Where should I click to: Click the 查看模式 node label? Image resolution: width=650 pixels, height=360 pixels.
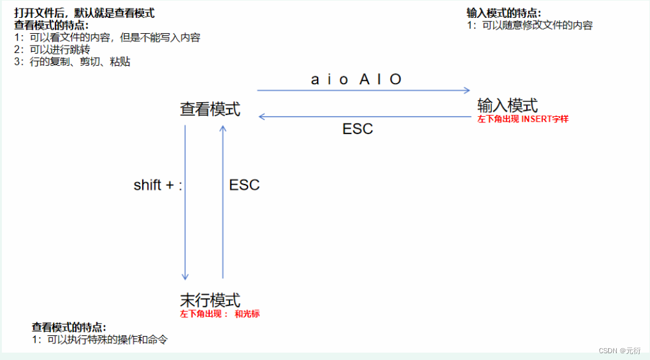pos(210,110)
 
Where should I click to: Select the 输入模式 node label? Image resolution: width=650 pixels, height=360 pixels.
pos(507,105)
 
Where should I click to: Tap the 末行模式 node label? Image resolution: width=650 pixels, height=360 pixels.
pos(210,300)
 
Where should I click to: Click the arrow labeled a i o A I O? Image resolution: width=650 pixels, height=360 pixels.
pos(363,90)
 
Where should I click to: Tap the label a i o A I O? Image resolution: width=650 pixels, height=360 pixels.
pos(356,79)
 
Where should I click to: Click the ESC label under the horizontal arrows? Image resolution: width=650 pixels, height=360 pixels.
pos(358,129)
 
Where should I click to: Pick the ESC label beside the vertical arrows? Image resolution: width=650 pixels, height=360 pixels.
pos(244,185)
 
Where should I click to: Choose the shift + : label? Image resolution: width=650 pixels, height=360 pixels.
pos(158,185)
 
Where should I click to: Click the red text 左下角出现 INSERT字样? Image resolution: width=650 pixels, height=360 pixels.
pos(523,119)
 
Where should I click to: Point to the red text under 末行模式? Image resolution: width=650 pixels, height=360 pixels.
pos(220,314)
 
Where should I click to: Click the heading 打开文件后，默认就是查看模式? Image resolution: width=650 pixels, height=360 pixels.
pos(84,13)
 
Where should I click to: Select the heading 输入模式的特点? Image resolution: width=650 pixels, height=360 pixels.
pos(504,14)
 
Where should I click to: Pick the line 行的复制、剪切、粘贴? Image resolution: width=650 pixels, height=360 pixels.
pos(72,62)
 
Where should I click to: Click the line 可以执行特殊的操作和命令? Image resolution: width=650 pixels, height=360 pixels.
pos(100,339)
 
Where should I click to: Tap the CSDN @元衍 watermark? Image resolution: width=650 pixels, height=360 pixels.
pos(620,350)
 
